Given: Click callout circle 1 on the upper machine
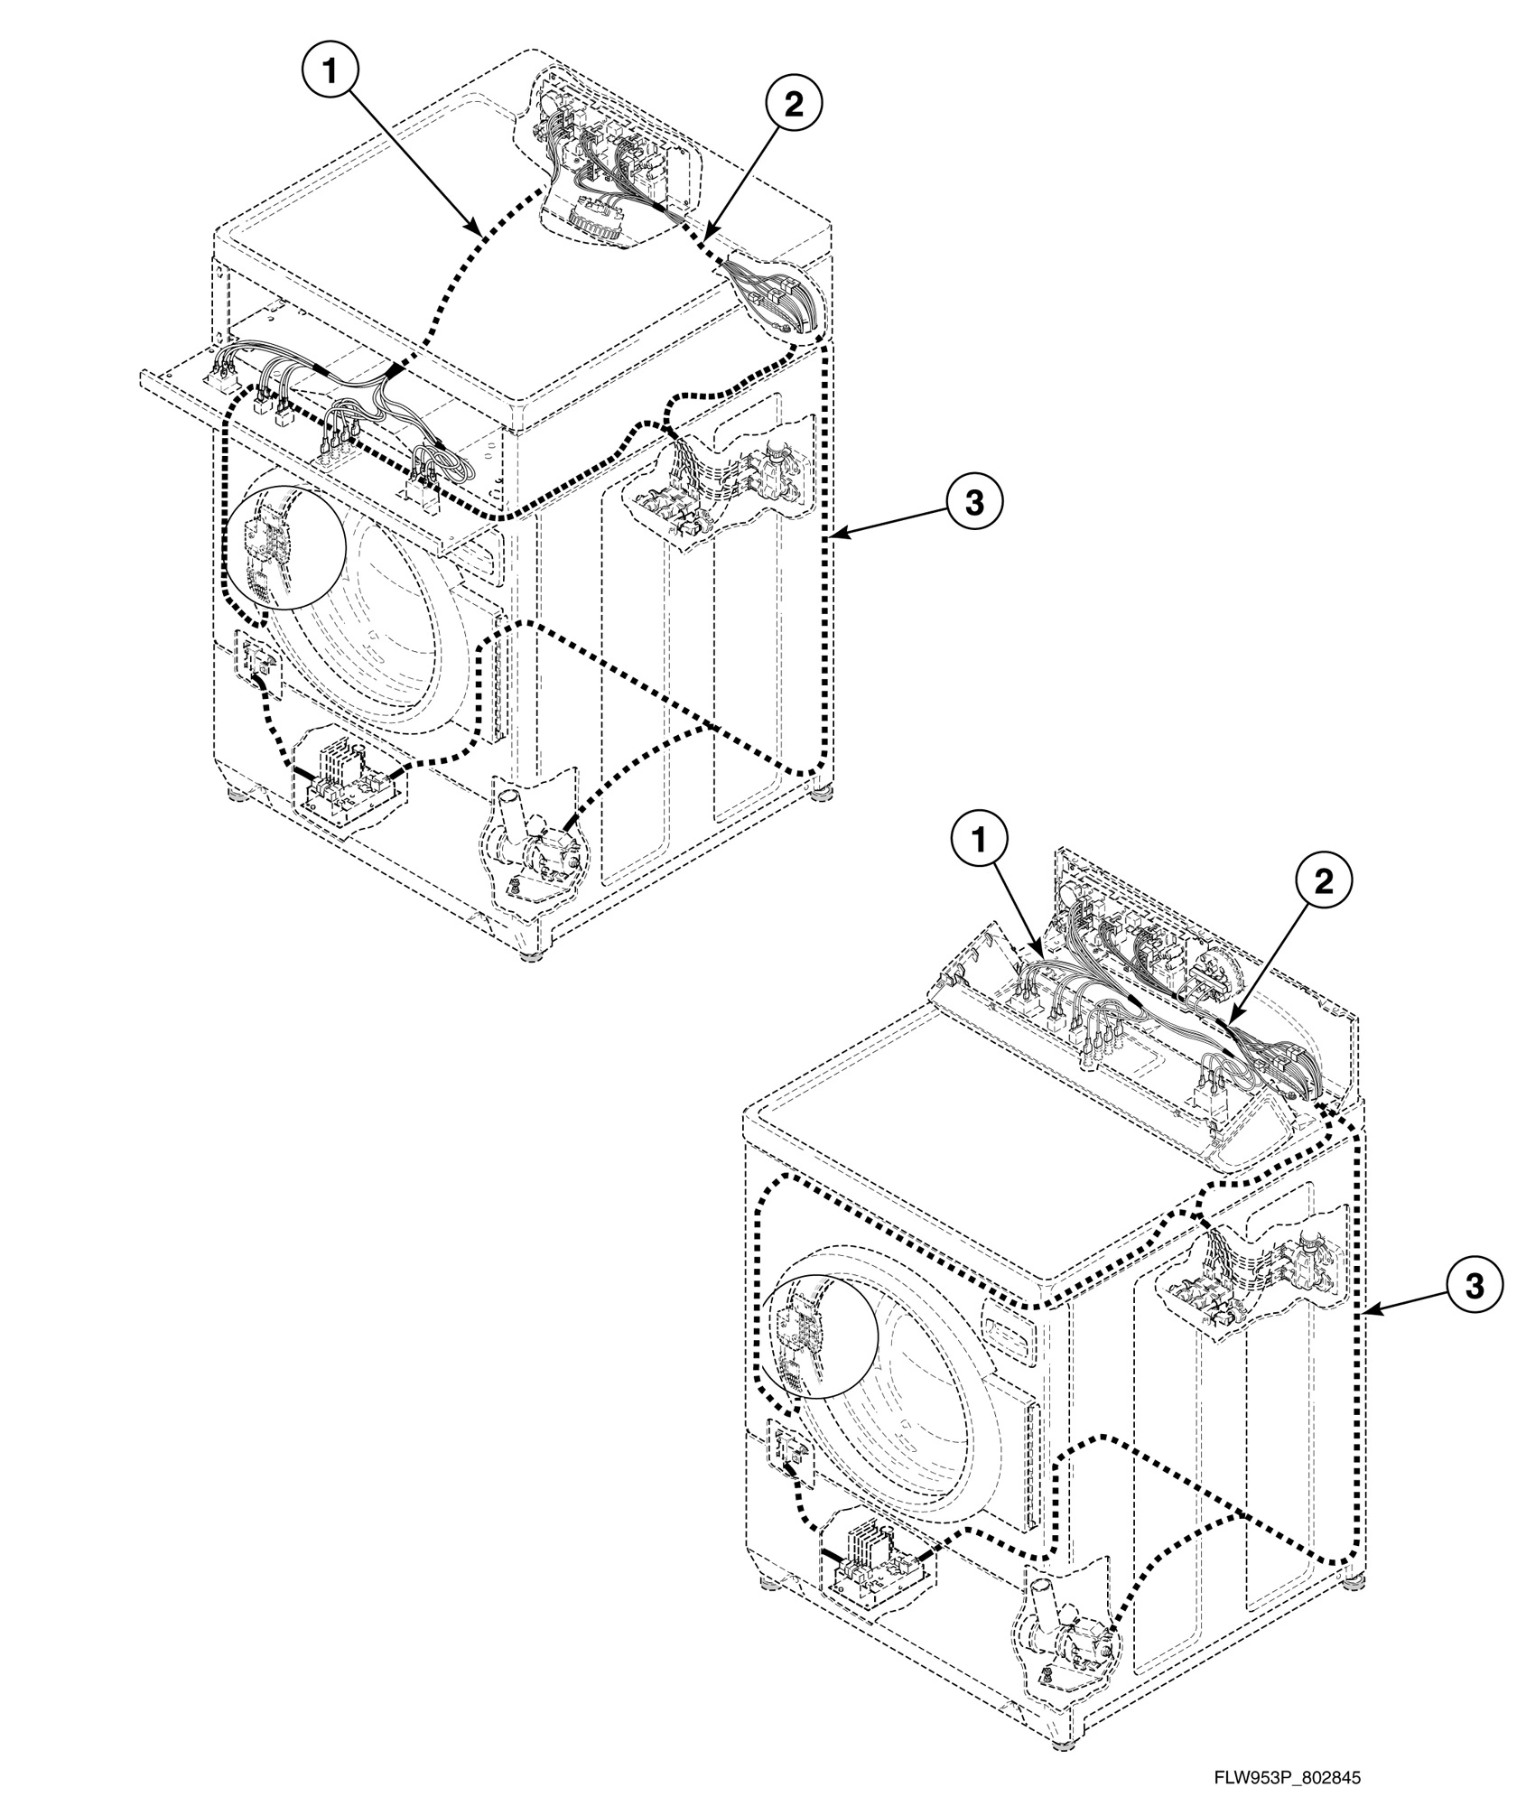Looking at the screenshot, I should pyautogui.click(x=331, y=71).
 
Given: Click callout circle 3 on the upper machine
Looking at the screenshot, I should pyautogui.click(x=973, y=503).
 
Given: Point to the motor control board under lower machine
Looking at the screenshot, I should pyautogui.click(x=876, y=1562).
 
